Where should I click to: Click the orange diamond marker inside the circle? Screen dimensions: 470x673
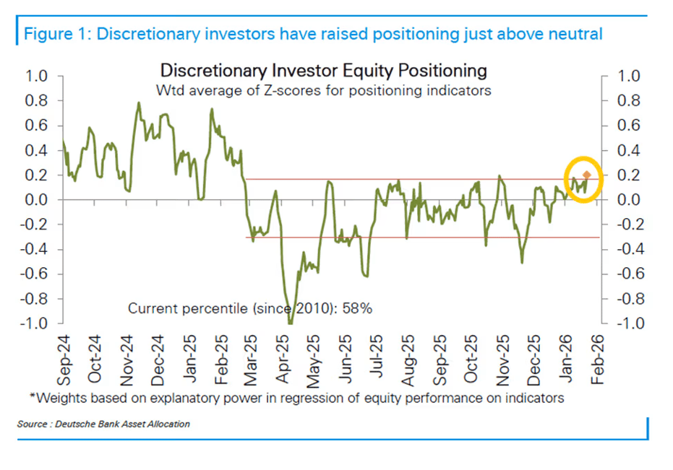click(586, 175)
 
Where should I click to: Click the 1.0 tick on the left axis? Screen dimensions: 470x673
click(36, 77)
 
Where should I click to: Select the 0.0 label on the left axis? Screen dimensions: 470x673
click(36, 200)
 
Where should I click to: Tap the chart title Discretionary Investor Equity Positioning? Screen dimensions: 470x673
click(323, 71)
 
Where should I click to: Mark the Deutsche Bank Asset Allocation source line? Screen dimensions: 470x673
click(103, 424)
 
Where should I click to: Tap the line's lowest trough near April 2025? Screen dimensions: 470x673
click(291, 322)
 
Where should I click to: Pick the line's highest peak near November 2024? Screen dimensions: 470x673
click(139, 103)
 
